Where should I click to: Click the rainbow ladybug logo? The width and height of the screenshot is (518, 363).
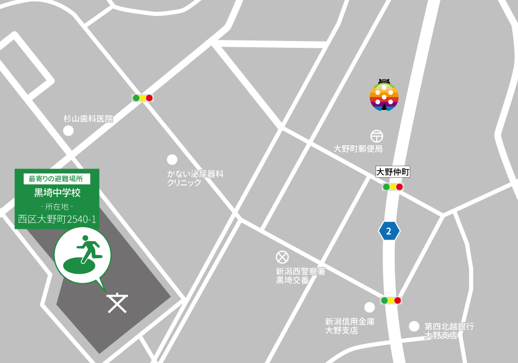click(384, 95)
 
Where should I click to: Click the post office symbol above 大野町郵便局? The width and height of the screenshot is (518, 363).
click(377, 136)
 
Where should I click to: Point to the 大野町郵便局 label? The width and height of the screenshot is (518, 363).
click(358, 149)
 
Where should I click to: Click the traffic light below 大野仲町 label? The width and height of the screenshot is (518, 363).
click(393, 187)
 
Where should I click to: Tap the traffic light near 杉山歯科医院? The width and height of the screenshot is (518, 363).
click(142, 97)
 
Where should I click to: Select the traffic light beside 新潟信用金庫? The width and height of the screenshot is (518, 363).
click(391, 300)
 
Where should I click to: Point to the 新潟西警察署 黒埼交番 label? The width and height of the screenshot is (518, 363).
click(300, 275)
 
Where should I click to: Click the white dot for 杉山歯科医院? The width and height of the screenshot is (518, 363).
click(68, 131)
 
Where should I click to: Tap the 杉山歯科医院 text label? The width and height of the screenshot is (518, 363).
click(88, 119)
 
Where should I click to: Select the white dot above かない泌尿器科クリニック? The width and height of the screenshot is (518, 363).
click(171, 159)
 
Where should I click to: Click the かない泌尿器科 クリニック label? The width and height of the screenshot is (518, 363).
click(195, 178)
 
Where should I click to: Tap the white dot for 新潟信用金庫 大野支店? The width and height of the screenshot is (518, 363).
click(369, 307)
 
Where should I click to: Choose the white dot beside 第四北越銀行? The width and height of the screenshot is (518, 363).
click(414, 326)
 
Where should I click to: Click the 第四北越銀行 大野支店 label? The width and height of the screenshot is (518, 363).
click(449, 331)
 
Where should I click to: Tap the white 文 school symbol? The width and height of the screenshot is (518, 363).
click(118, 303)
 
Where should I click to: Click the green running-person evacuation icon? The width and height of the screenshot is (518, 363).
click(83, 255)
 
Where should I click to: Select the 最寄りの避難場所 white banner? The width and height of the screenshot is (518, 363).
click(57, 179)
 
